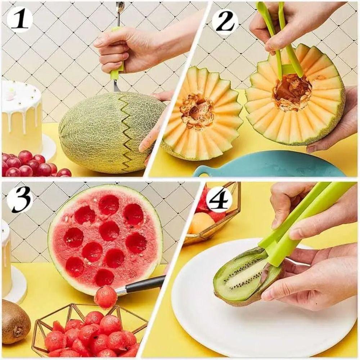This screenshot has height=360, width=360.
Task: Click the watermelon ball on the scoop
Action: tap(105, 297)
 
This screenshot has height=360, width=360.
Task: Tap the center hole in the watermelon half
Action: tap(109, 230)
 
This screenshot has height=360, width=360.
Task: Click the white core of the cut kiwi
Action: tap(245, 275)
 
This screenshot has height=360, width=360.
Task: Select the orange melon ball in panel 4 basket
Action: tap(202, 223)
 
